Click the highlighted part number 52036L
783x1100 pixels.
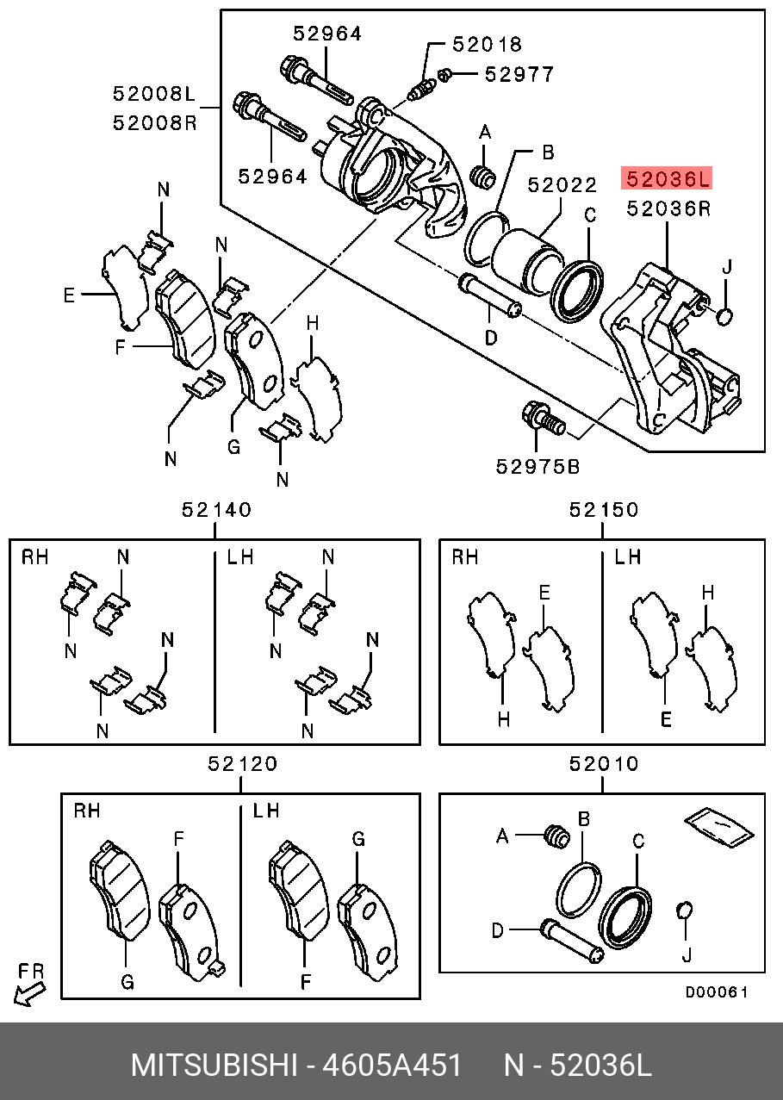[668, 179]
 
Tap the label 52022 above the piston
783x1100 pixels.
[562, 184]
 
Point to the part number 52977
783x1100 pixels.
[519, 74]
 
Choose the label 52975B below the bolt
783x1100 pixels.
[538, 466]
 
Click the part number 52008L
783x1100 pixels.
[155, 92]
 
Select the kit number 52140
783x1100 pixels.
[216, 510]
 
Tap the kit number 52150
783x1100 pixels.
[604, 510]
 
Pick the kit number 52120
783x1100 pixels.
[242, 763]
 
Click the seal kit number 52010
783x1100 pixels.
[604, 763]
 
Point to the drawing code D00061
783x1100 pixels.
[717, 992]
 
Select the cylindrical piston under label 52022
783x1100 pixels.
[525, 256]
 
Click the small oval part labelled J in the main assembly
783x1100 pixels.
[724, 318]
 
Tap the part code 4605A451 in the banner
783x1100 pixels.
[392, 1066]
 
